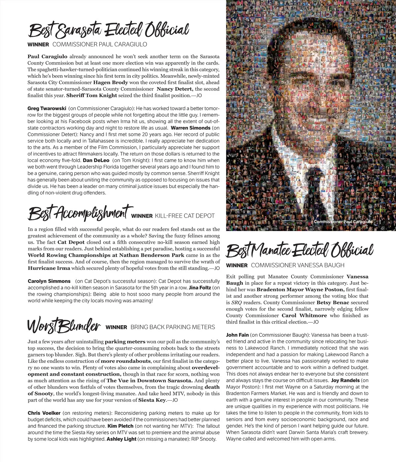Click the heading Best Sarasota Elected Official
(109, 30)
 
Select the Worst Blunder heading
(64, 325)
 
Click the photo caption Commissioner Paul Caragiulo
(343, 222)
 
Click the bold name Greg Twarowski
(47, 108)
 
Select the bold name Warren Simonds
(190, 128)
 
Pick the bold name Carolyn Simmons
(49, 281)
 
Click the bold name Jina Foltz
(200, 288)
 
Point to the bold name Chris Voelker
(44, 413)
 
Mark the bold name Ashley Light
(121, 439)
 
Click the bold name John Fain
(237, 335)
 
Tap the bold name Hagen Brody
(111, 82)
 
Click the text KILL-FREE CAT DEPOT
(184, 216)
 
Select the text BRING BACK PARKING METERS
(173, 327)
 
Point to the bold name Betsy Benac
(333, 303)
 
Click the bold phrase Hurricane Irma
(49, 268)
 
